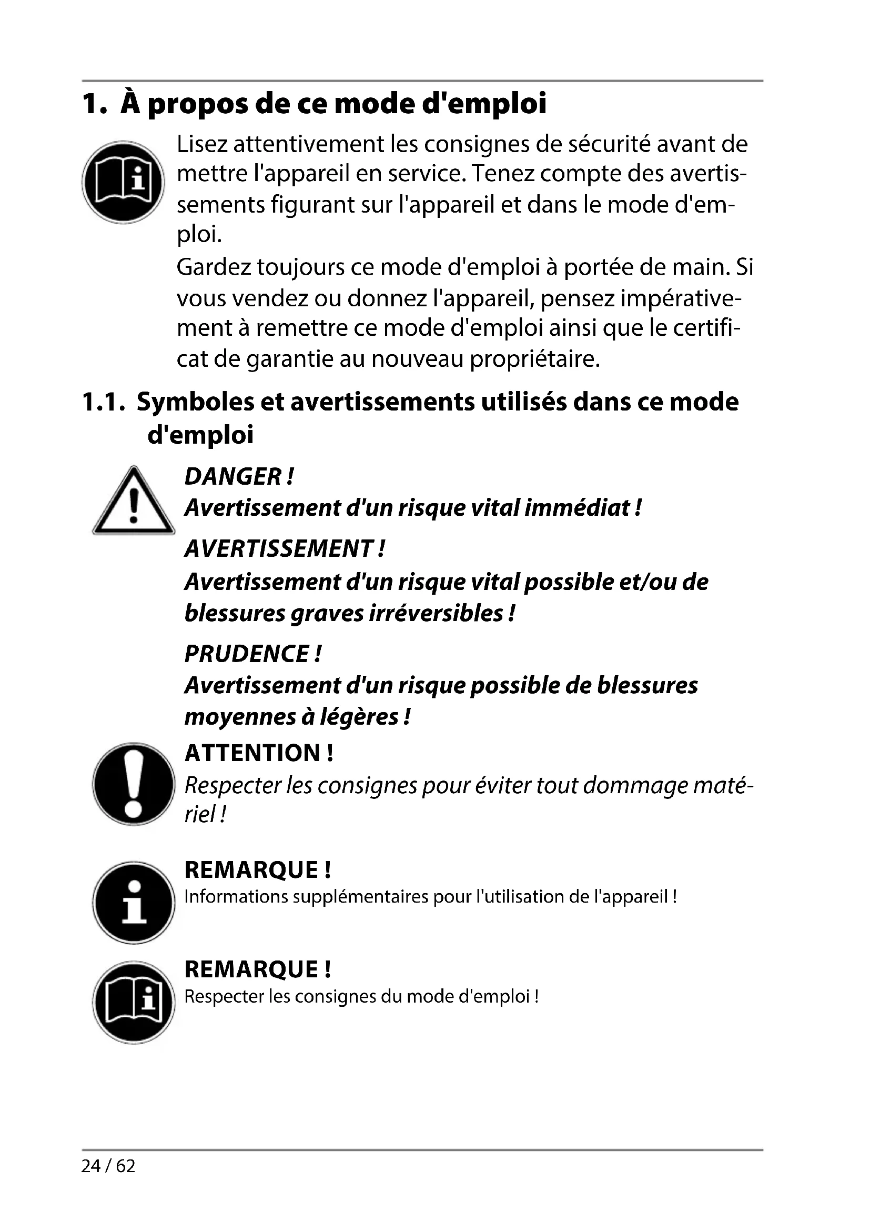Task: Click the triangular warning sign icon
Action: click(x=134, y=502)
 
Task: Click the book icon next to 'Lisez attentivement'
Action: click(x=123, y=182)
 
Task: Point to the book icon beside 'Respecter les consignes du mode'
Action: click(x=134, y=1002)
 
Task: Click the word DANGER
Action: click(x=233, y=476)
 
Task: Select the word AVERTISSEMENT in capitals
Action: click(x=279, y=548)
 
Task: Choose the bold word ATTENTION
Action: click(x=252, y=753)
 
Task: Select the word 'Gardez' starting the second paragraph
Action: click(x=214, y=267)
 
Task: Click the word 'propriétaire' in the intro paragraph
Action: click(x=534, y=359)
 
